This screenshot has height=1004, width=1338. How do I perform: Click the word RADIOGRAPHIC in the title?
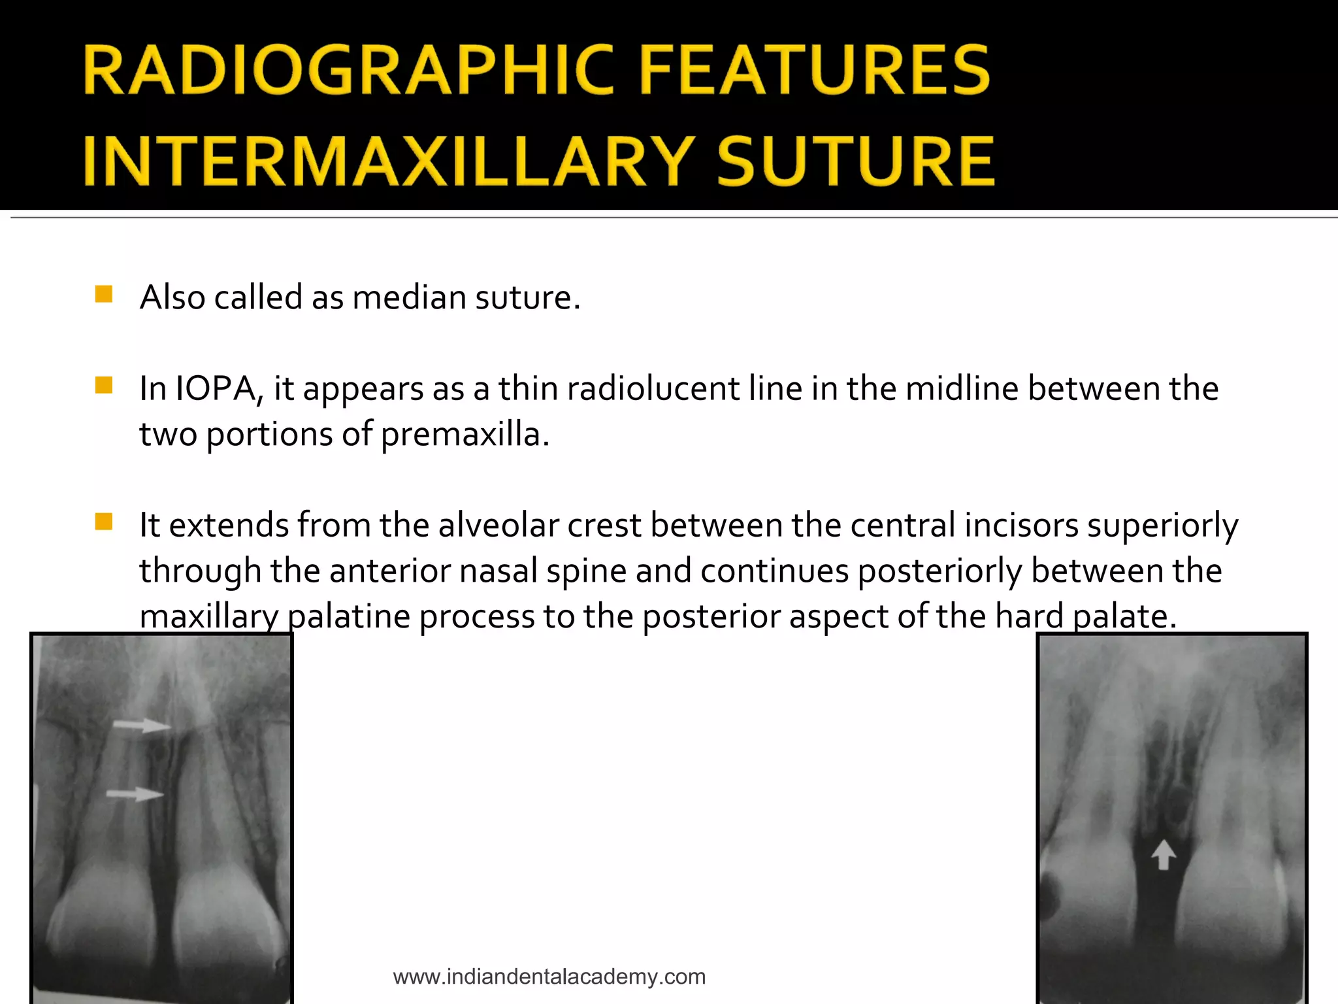pos(349,71)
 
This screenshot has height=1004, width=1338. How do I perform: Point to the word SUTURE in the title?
pos(856,161)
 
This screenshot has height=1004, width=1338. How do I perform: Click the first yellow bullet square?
pos(104,294)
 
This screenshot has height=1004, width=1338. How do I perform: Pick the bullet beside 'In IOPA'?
pos(104,385)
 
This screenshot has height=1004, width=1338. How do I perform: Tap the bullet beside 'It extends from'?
pos(104,522)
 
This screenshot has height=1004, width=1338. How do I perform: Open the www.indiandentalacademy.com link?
pos(549,977)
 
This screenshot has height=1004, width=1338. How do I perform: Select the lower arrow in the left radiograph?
pos(135,794)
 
